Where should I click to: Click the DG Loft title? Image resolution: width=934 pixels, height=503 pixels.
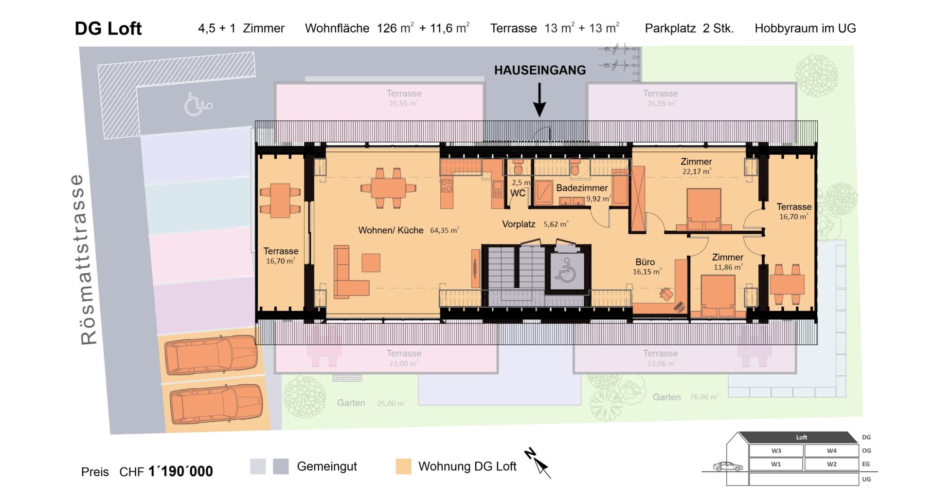click(x=108, y=28)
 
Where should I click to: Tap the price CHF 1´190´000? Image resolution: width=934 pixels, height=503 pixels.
click(x=166, y=471)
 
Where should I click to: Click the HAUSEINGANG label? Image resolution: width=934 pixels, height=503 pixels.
click(x=540, y=70)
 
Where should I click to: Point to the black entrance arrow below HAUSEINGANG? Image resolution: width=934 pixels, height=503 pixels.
click(x=539, y=100)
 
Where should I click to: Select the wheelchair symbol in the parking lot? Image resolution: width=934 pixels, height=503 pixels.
click(x=198, y=104)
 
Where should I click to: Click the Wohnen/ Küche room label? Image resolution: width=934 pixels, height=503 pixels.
click(x=391, y=230)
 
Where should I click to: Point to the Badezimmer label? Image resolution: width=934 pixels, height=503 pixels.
click(x=582, y=188)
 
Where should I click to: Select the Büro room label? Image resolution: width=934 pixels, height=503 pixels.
click(x=645, y=262)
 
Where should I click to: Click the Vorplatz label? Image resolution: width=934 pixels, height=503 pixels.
click(x=519, y=224)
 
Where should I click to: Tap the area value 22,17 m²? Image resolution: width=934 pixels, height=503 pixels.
click(x=697, y=171)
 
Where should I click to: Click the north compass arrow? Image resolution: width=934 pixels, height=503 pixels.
click(x=538, y=463)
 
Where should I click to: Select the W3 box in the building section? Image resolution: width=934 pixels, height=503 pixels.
click(x=776, y=451)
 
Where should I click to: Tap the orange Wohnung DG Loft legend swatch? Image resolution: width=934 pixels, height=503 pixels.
click(x=403, y=466)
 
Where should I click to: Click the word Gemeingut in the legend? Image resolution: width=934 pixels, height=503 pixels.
click(x=327, y=466)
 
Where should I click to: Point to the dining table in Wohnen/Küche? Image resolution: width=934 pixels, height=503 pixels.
click(x=388, y=187)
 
